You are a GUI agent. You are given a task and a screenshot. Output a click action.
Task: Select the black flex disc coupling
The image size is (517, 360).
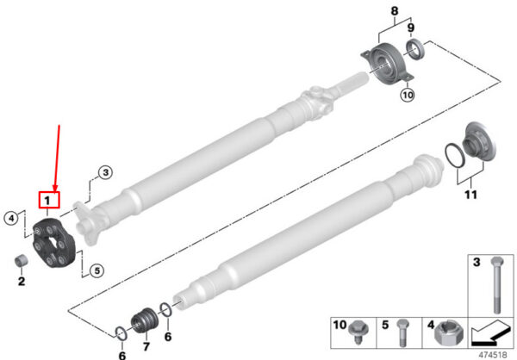tap(54, 243)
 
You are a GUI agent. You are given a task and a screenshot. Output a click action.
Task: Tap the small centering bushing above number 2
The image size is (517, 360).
tap(22, 260)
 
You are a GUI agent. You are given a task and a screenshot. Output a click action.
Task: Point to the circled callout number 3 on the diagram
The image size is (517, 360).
tap(105, 172)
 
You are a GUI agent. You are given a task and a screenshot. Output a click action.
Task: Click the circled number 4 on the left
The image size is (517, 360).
tap(11, 218)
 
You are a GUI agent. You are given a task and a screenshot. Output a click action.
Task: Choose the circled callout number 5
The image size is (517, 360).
tap(97, 270)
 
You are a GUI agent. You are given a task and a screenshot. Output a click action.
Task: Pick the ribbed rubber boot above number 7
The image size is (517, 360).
tap(145, 320)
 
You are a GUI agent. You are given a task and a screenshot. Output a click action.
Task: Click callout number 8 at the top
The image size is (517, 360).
tap(395, 11)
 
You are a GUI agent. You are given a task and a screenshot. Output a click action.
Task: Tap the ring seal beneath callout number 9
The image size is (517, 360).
tap(414, 49)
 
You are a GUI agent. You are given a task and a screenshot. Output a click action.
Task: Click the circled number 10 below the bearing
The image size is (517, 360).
tap(408, 95)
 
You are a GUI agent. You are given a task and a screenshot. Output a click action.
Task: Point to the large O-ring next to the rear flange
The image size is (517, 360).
tap(455, 155)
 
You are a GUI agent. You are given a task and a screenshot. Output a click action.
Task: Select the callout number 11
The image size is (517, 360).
tap(470, 195)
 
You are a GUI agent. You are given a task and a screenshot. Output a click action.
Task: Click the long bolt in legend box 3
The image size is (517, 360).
tap(497, 285)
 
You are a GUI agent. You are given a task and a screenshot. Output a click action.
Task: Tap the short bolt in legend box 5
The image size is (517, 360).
tap(402, 332)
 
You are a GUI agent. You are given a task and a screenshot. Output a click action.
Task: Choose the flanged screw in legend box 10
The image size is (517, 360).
tap(358, 332)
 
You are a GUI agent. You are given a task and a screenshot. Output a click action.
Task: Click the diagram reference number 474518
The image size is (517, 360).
tap(492, 355)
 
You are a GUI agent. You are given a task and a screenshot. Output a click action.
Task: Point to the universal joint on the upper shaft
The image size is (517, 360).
tap(317, 98)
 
